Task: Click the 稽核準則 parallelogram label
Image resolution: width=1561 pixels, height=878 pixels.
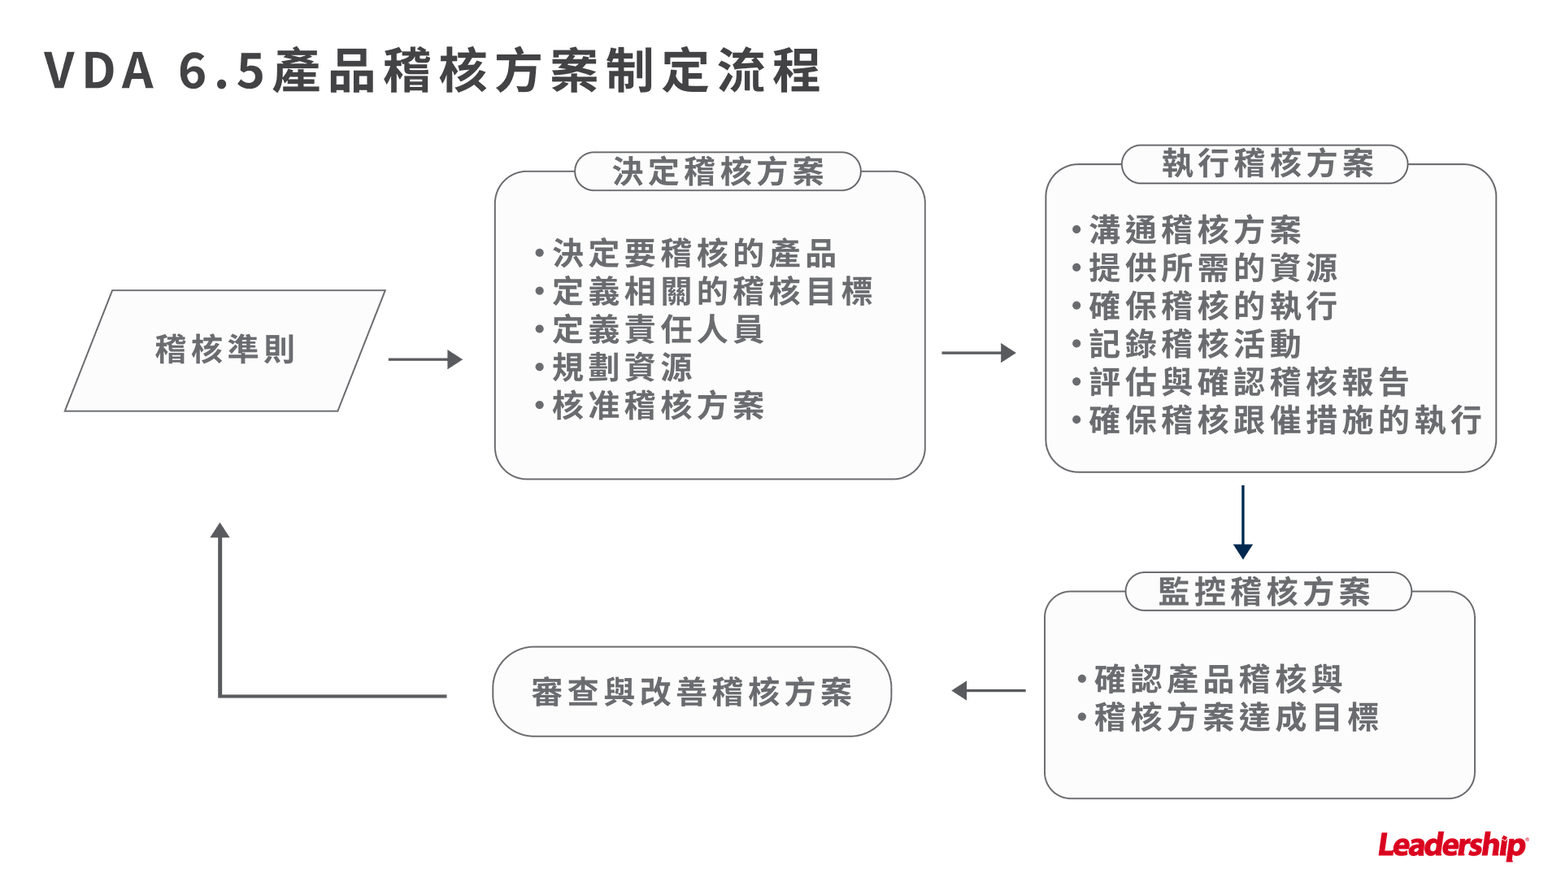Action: [224, 350]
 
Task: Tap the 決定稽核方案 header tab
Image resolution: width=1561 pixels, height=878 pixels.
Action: [717, 172]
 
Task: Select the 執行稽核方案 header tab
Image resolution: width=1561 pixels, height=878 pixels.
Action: [1265, 164]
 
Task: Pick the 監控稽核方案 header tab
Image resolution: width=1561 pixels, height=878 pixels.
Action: [1266, 592]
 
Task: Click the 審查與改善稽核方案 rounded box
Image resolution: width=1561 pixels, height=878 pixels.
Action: [692, 692]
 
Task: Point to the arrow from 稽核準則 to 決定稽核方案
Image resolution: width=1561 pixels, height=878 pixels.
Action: [425, 359]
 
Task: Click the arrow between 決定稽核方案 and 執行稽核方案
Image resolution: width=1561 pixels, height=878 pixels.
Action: [978, 353]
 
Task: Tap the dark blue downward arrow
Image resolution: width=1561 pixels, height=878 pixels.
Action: [1242, 523]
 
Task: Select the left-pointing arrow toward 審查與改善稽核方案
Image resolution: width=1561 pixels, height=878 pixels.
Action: [988, 691]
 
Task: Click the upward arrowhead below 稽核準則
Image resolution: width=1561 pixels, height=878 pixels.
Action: [220, 532]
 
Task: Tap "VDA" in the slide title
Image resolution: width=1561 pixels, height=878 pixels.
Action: [99, 71]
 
